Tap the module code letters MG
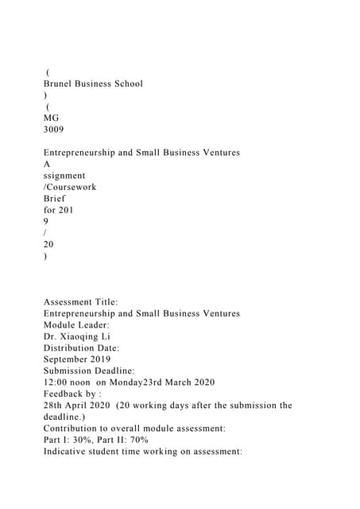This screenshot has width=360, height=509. pyautogui.click(x=51, y=118)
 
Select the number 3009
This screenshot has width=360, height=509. pyautogui.click(x=54, y=129)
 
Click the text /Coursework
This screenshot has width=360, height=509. pyautogui.click(x=70, y=187)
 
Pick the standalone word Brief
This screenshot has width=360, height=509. pyautogui.click(x=55, y=198)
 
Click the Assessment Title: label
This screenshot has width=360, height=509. pyautogui.click(x=81, y=302)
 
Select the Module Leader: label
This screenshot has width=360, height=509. pyautogui.click(x=76, y=325)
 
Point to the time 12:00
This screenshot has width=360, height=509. pyautogui.click(x=56, y=383)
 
